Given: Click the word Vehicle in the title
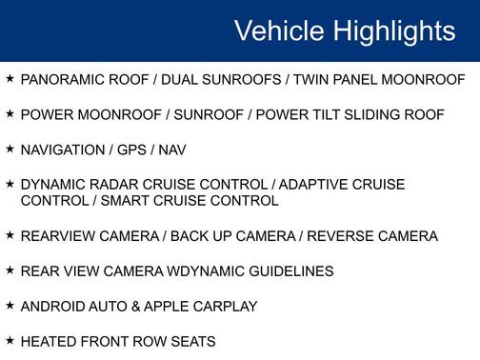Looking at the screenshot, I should click(x=278, y=30).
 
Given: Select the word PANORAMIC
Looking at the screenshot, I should click(x=61, y=80).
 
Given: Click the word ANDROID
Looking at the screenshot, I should click(x=52, y=306).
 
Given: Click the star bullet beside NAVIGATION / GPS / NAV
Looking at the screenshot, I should click(x=10, y=149).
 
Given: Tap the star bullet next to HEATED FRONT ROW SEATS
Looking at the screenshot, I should click(x=10, y=340).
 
